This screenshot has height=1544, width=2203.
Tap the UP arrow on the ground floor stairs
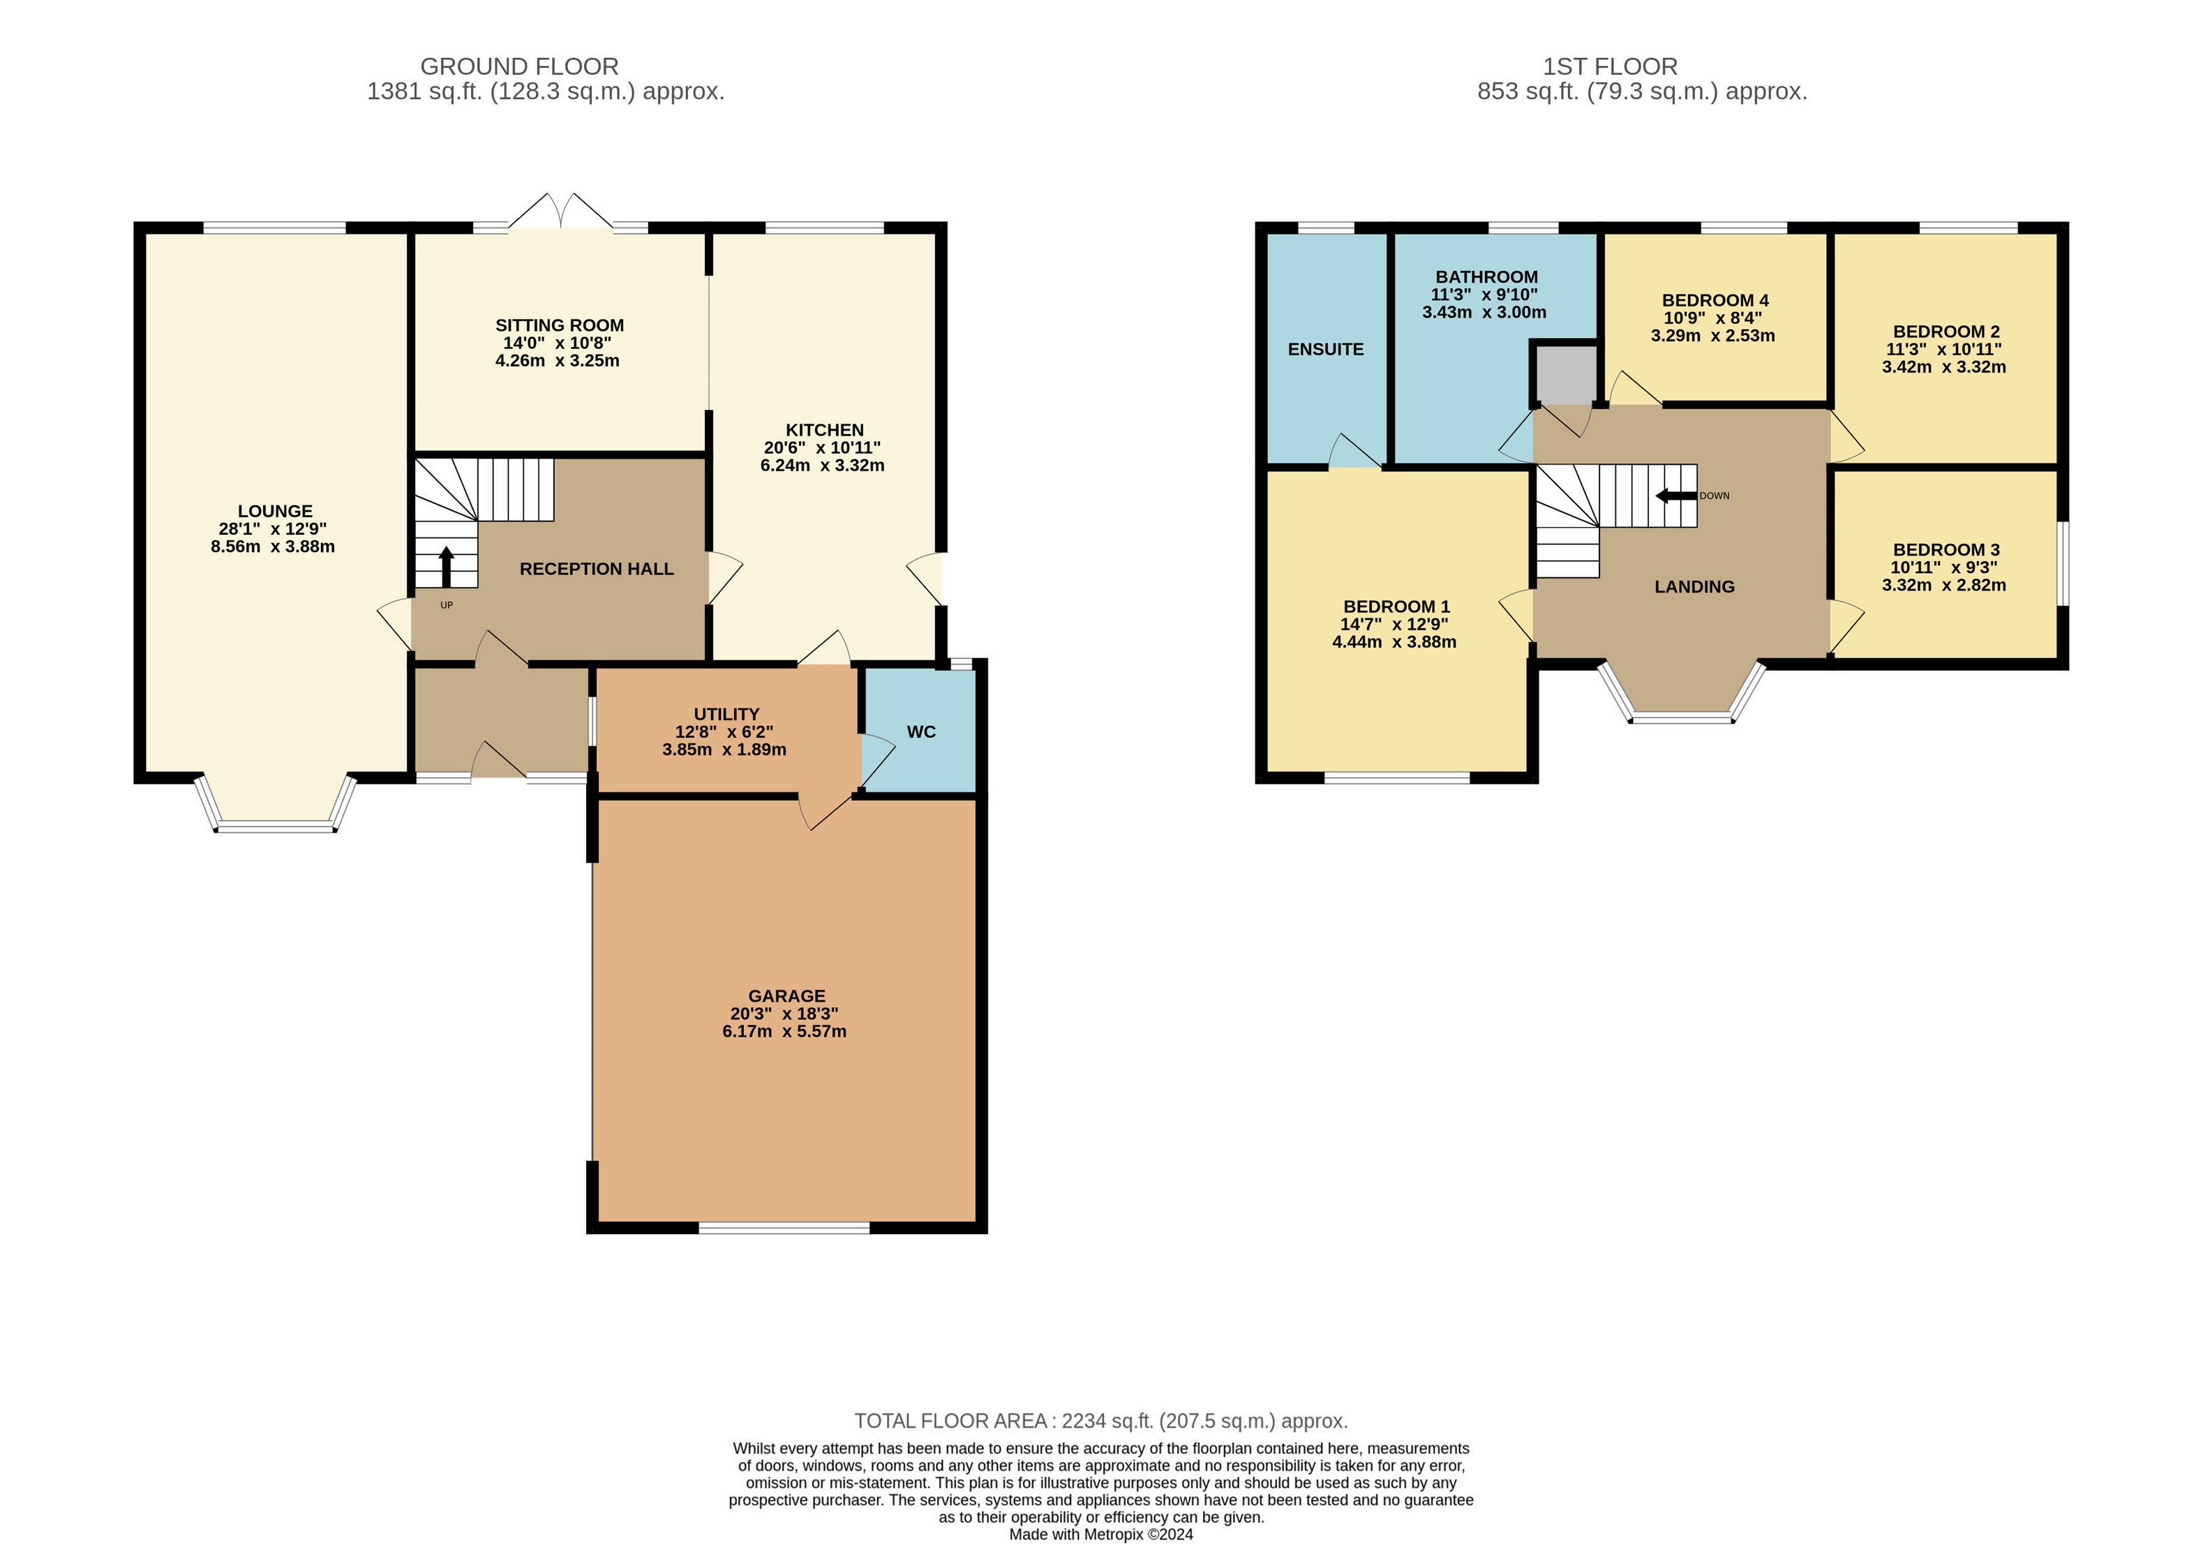click(x=446, y=566)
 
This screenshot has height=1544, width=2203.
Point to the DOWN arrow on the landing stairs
click(x=1676, y=496)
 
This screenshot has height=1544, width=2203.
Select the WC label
click(x=921, y=732)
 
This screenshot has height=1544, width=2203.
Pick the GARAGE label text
click(x=787, y=996)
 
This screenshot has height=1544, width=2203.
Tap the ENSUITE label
click(x=1325, y=349)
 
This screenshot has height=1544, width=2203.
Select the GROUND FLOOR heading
click(x=519, y=66)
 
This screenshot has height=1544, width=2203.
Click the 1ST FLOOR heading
click(x=1610, y=66)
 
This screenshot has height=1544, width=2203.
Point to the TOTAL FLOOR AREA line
click(x=1101, y=1420)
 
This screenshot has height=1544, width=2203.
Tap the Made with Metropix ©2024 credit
click(x=1101, y=1534)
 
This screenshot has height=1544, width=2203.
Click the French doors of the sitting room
click(x=561, y=212)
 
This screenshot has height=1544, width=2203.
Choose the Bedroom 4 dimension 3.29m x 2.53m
click(x=1712, y=336)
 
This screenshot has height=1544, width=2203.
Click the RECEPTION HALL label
click(x=597, y=569)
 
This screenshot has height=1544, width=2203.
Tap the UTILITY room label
click(x=726, y=714)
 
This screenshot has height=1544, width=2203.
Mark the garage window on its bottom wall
click(x=785, y=1227)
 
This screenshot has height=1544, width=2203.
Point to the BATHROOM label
click(x=1486, y=277)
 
